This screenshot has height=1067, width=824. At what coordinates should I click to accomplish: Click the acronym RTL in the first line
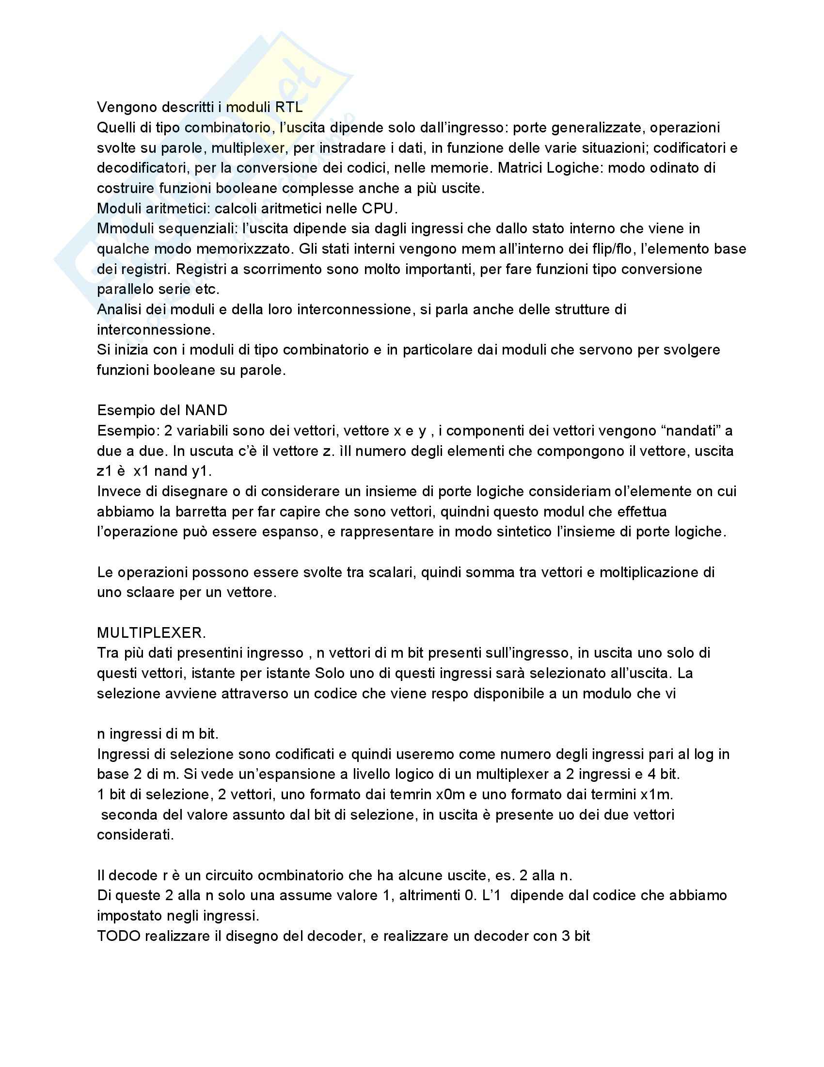[288, 108]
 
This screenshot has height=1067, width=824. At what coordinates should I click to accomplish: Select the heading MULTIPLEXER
[151, 632]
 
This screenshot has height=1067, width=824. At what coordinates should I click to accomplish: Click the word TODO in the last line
[119, 936]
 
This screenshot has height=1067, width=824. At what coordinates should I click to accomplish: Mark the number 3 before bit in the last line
[567, 936]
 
